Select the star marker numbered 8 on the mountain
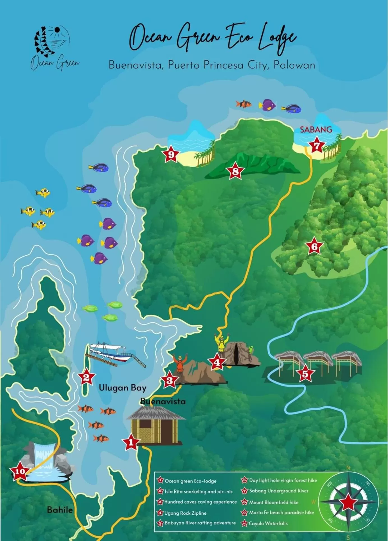(x=235, y=171)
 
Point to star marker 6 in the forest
(x=314, y=247)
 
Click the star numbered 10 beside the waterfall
(x=20, y=471)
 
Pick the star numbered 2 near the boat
(x=86, y=377)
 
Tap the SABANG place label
(x=316, y=130)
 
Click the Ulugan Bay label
(x=123, y=388)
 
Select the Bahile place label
(x=60, y=510)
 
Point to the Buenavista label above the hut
(x=163, y=401)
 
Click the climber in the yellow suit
(x=221, y=345)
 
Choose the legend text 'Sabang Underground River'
(x=279, y=491)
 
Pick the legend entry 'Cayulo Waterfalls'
(x=268, y=523)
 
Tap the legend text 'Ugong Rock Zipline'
(x=185, y=513)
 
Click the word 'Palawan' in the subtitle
(x=294, y=65)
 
